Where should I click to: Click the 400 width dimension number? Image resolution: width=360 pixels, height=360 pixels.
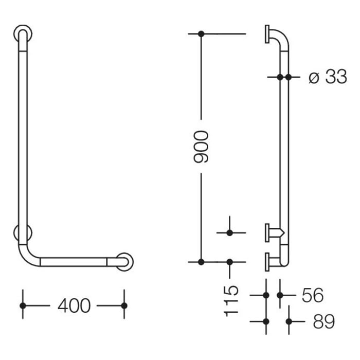coord(74,306)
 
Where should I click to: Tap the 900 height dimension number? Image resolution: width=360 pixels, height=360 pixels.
coord(202,147)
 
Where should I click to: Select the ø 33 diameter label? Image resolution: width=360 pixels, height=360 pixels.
coord(328,77)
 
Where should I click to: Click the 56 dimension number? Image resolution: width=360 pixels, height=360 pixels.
coord(313,295)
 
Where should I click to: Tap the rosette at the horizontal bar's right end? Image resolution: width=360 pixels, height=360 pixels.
coord(125,261)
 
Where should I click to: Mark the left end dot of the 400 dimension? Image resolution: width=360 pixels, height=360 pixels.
coord(23,305)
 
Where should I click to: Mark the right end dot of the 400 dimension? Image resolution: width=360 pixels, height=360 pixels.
coord(123,305)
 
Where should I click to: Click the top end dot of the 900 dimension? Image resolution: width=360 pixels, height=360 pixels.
coord(201,34)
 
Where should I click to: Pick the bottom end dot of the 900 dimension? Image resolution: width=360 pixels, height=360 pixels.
coord(201,262)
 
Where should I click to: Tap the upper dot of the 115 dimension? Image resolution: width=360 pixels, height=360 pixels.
coord(229,233)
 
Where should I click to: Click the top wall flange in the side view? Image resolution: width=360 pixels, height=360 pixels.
coord(268,34)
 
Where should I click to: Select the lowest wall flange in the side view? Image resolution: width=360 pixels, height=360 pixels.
coord(268,261)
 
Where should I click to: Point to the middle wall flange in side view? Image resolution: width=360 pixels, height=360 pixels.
coord(268,232)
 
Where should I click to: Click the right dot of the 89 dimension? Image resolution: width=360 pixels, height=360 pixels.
coord(289,321)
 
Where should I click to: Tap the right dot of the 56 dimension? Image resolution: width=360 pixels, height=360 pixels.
coord(280,295)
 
